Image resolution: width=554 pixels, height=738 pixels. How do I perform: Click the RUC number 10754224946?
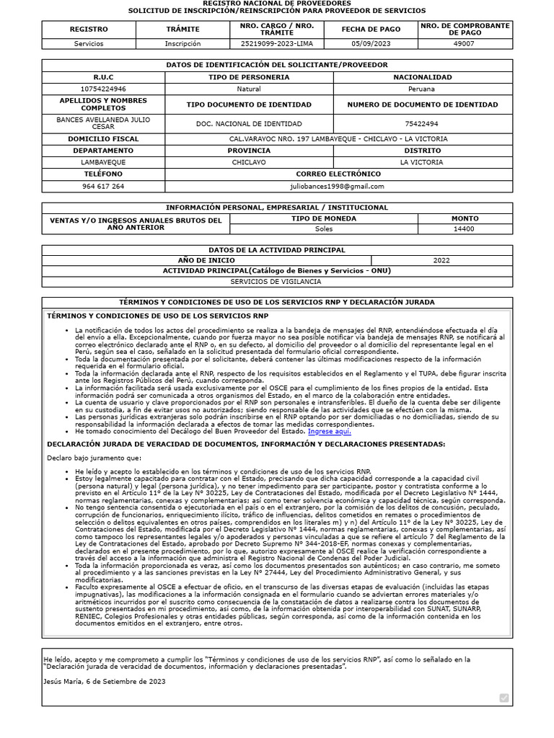99,89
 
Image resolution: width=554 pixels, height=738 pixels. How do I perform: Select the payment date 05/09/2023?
370,43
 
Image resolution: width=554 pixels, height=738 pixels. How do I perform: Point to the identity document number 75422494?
422,124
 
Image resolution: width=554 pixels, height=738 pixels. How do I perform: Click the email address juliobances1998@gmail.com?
338,186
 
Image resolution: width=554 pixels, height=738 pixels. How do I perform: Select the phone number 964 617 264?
103,186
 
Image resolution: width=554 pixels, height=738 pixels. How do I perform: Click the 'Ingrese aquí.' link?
329,431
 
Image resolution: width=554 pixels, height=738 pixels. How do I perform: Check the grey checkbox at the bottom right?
504,698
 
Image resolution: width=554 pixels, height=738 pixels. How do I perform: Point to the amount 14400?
464,229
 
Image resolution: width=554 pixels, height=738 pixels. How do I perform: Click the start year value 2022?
441,260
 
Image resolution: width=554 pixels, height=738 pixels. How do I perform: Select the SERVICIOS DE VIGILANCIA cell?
277,282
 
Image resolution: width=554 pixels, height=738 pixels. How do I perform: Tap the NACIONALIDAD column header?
422,77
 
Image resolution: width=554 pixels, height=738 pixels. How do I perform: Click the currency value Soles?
324,229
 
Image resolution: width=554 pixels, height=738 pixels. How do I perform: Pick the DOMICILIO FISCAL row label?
103,139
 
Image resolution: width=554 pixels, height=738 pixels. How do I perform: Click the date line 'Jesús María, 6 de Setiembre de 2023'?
105,681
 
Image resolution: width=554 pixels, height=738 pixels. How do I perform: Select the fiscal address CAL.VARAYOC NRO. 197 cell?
338,139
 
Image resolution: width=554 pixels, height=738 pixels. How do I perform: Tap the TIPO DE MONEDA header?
324,218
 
